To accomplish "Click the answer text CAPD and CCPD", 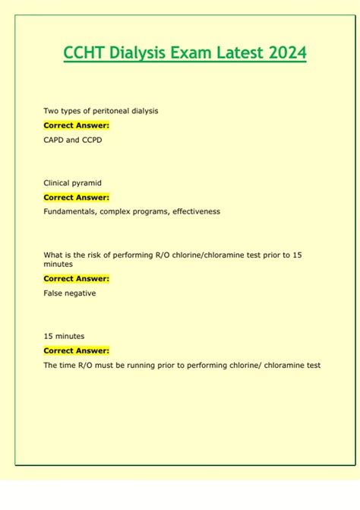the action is [x=72, y=140].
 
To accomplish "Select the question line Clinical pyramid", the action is [x=72, y=182].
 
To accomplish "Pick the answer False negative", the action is [x=70, y=293].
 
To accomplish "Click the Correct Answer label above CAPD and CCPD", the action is [x=76, y=125].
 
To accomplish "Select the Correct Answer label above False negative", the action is [x=76, y=279].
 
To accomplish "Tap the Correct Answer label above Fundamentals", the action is [x=76, y=197].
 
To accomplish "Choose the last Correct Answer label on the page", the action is [x=76, y=350].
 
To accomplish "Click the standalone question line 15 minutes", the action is [x=64, y=336].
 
